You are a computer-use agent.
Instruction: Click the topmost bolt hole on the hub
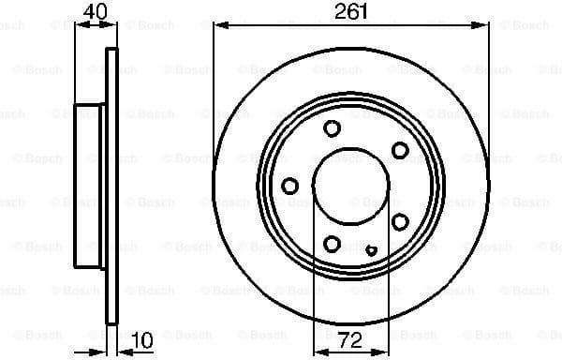click(332, 129)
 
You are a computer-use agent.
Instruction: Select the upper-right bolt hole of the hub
click(400, 150)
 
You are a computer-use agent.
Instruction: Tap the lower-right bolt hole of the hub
click(400, 221)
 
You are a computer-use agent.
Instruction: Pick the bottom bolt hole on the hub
click(333, 244)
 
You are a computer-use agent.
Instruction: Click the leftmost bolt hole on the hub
click(290, 186)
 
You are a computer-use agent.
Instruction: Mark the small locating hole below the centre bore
click(371, 249)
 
